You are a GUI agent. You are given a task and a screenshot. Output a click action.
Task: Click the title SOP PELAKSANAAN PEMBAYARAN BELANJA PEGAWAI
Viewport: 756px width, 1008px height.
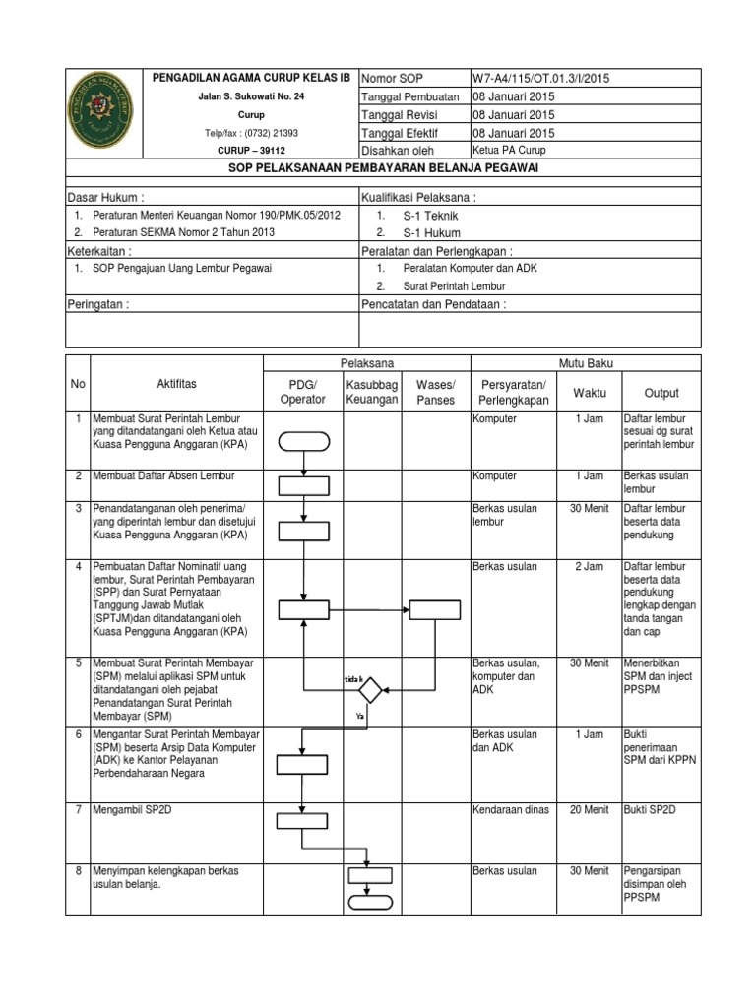tap(383, 168)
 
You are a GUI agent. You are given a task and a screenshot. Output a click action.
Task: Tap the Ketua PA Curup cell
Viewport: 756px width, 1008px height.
tap(509, 151)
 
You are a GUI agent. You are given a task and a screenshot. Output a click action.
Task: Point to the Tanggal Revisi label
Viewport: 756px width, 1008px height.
tap(400, 114)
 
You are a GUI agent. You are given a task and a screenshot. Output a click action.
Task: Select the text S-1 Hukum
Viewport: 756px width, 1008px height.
tap(430, 233)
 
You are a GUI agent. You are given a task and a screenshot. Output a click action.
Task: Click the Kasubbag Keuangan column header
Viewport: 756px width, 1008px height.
tap(371, 391)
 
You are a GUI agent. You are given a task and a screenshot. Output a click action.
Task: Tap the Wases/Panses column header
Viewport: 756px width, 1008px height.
tap(436, 391)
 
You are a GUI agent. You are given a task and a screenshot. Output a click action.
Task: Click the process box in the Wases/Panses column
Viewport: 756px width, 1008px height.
tap(435, 611)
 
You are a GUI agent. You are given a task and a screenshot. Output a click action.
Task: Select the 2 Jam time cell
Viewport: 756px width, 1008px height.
tap(588, 568)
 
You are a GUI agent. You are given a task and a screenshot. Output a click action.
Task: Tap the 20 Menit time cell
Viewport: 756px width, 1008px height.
tap(588, 809)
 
